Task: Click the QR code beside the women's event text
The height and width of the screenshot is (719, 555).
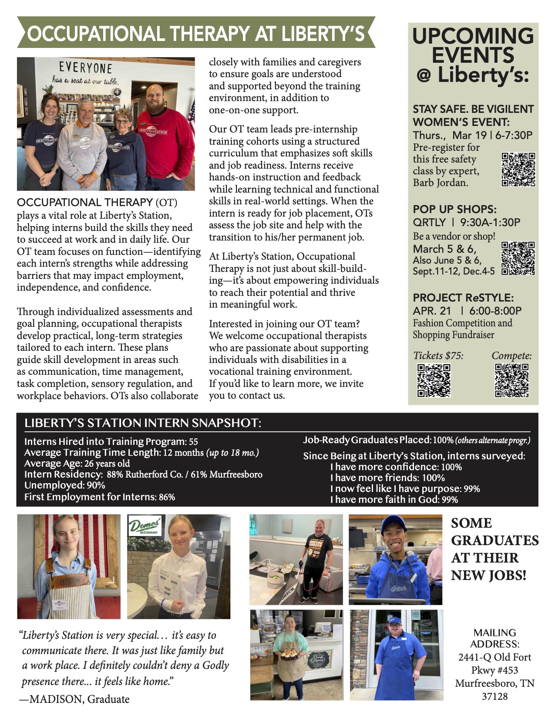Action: click(518, 170)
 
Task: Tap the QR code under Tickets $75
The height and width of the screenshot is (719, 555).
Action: click(434, 380)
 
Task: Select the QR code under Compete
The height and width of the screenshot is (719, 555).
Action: click(511, 380)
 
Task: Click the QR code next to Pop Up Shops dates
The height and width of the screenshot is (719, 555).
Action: click(518, 258)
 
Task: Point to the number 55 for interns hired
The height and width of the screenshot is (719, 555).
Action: click(193, 441)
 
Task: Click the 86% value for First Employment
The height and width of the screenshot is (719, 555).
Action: click(167, 497)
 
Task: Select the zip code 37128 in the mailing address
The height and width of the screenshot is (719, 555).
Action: click(494, 696)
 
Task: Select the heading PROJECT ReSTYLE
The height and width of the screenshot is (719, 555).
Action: click(463, 298)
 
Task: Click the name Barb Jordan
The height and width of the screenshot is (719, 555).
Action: click(441, 183)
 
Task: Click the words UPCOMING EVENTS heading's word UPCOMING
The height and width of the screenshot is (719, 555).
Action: click(473, 36)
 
